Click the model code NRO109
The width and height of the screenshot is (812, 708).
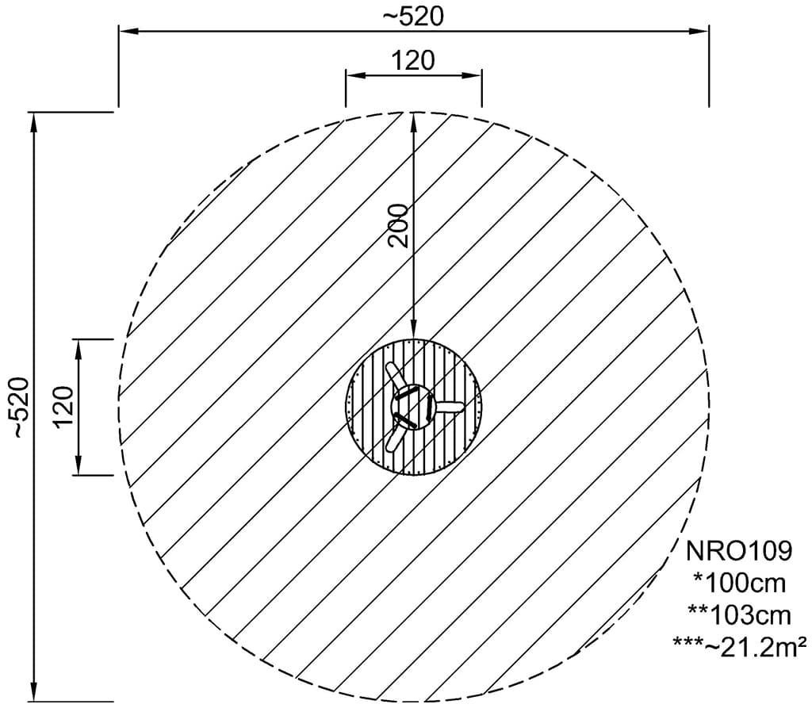tap(739, 551)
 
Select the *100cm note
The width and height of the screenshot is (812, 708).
tap(739, 584)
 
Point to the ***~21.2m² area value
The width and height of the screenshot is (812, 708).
tap(740, 647)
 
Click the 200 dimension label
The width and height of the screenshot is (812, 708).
tap(399, 225)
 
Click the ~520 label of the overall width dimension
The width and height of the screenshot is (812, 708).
tap(413, 16)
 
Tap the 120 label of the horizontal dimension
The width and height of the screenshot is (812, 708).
tap(412, 60)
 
